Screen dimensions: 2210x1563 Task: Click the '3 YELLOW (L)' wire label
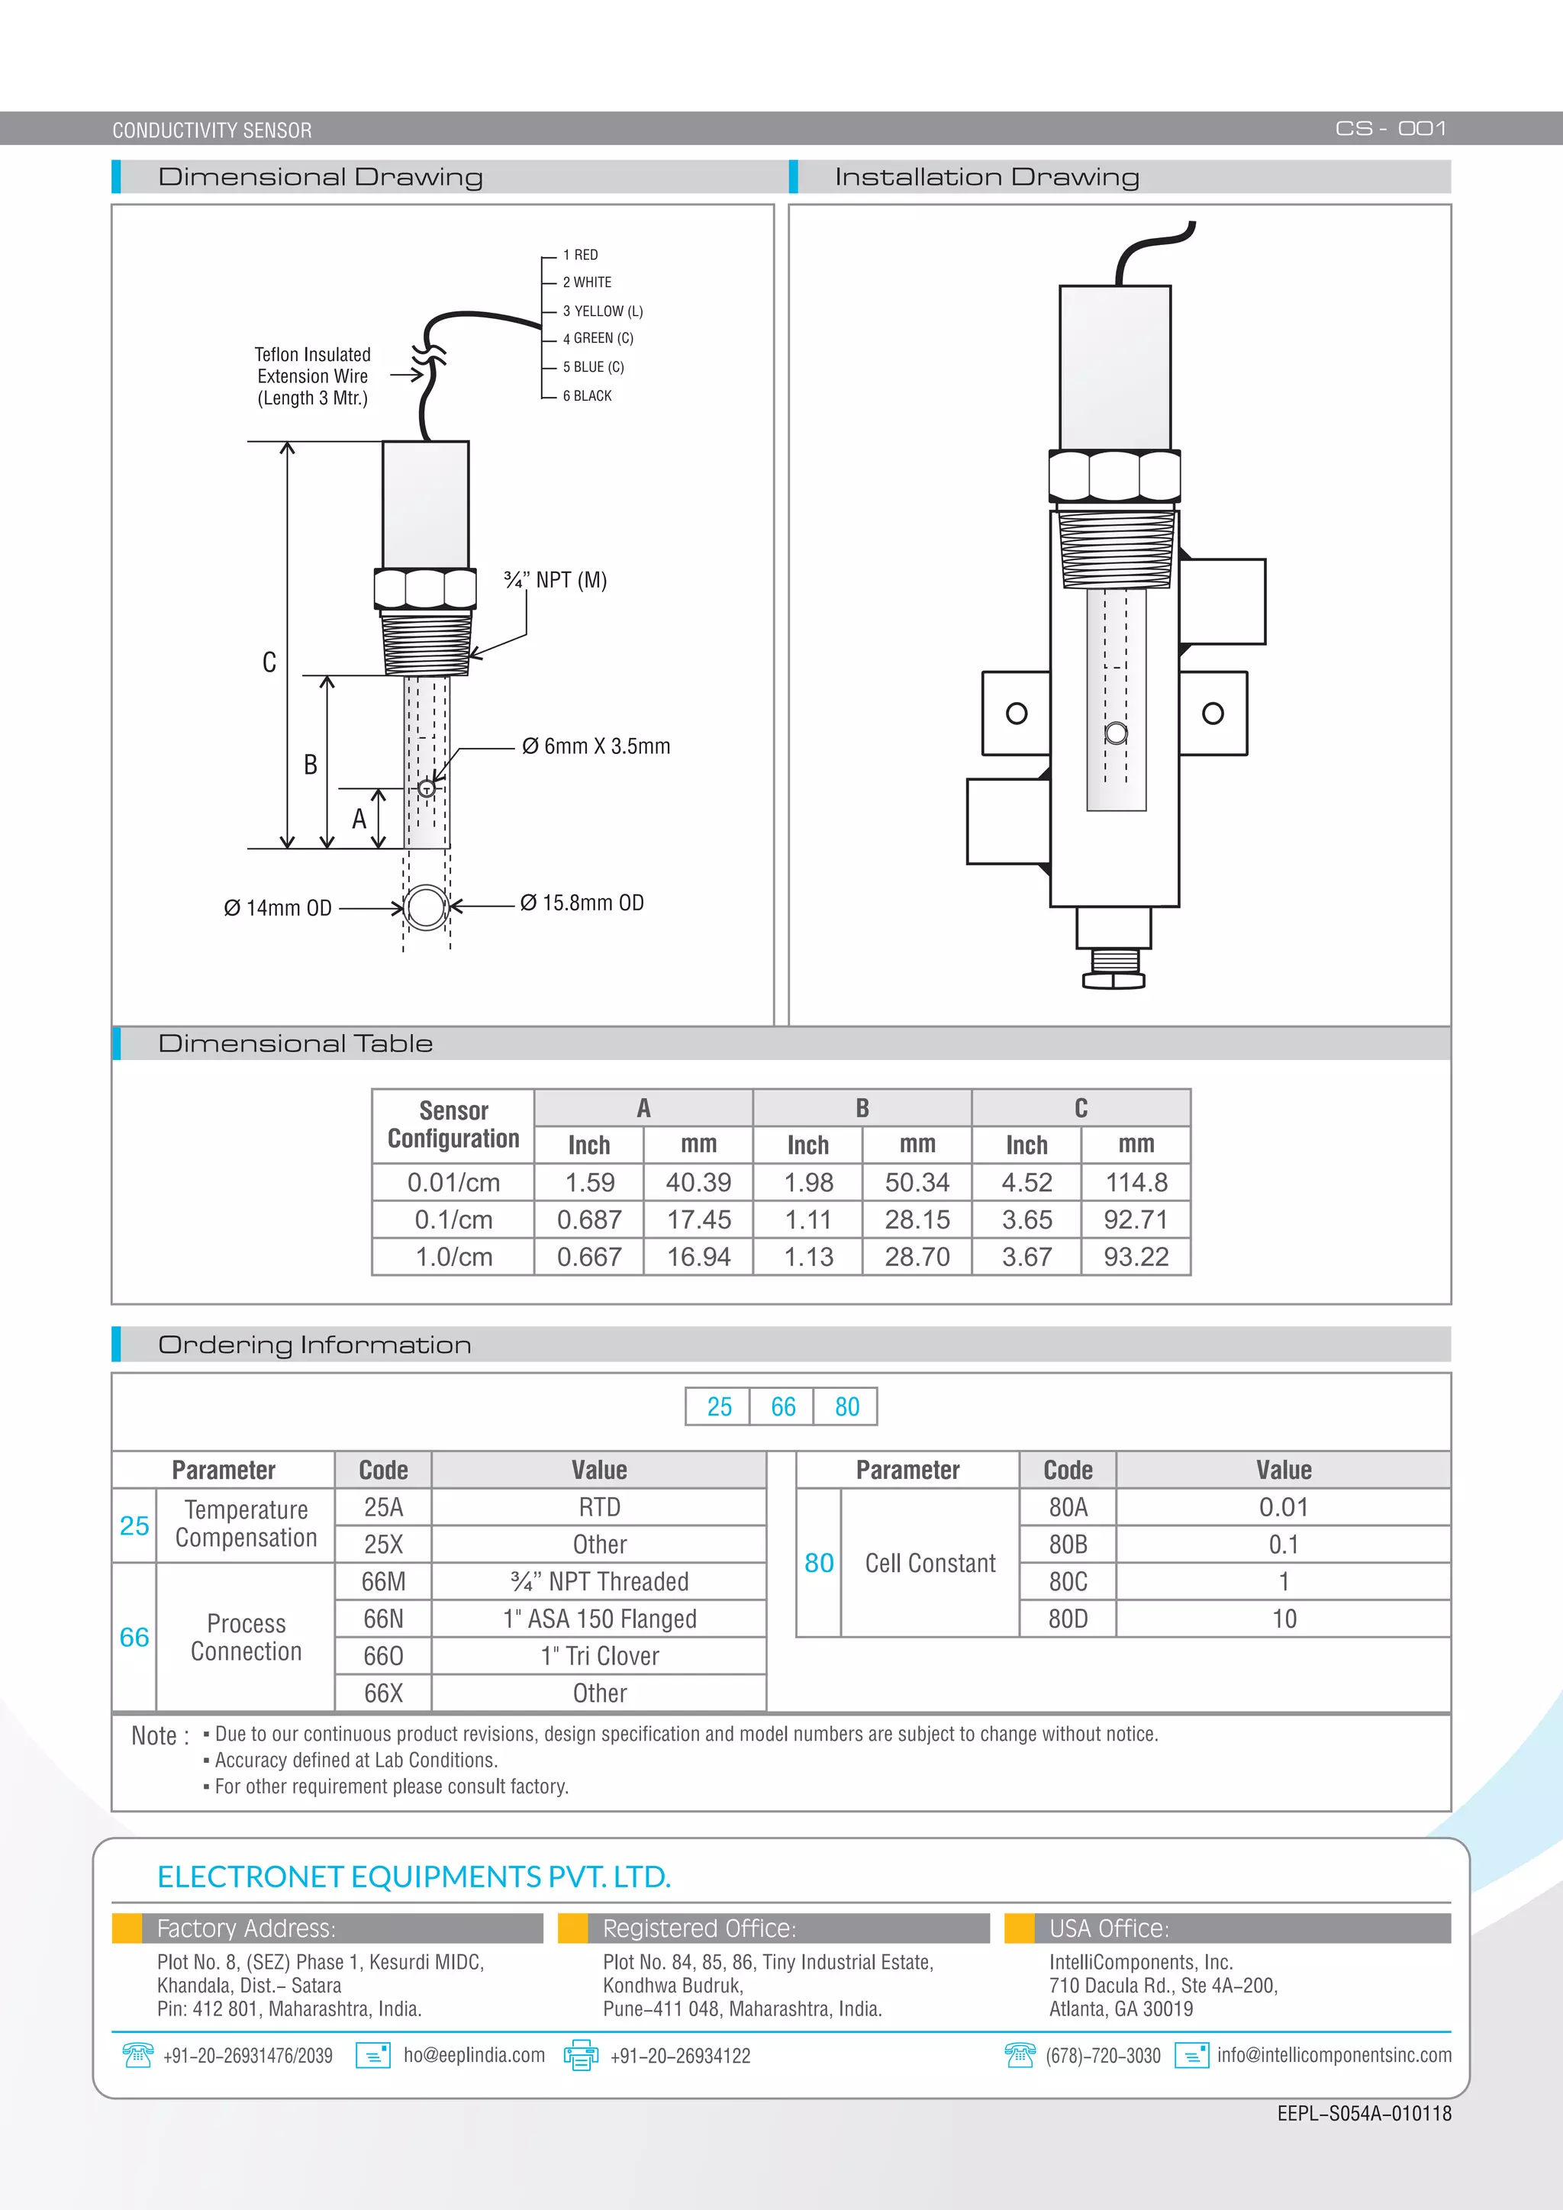tap(602, 311)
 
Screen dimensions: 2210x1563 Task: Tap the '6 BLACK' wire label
tap(587, 395)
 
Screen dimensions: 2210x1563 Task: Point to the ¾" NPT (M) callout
tap(556, 581)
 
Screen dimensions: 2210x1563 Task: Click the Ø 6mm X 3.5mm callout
tap(596, 746)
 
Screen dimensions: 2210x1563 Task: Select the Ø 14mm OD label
tap(277, 907)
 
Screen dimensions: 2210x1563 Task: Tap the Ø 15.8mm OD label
tap(582, 903)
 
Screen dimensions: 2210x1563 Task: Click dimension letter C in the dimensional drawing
tap(269, 662)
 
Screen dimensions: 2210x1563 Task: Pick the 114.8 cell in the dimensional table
tap(1136, 1182)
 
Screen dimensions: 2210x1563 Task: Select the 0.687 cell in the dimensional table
tap(589, 1219)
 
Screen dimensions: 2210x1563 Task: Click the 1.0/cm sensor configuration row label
tap(453, 1257)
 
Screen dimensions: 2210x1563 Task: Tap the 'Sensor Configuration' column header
tap(453, 1124)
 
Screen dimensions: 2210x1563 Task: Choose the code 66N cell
tap(383, 1619)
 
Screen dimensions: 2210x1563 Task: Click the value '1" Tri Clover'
tap(600, 1655)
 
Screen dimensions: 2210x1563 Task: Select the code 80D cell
tap(1068, 1619)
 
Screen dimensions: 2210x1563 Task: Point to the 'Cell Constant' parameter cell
tap(930, 1563)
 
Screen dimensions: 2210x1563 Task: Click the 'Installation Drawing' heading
tap(987, 177)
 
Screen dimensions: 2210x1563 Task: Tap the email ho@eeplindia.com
tap(473, 2055)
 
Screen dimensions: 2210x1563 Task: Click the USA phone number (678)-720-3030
tap(1103, 2056)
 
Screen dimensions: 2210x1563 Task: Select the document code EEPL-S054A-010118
tap(1364, 2113)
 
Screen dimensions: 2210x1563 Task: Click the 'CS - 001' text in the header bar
tap(1390, 128)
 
